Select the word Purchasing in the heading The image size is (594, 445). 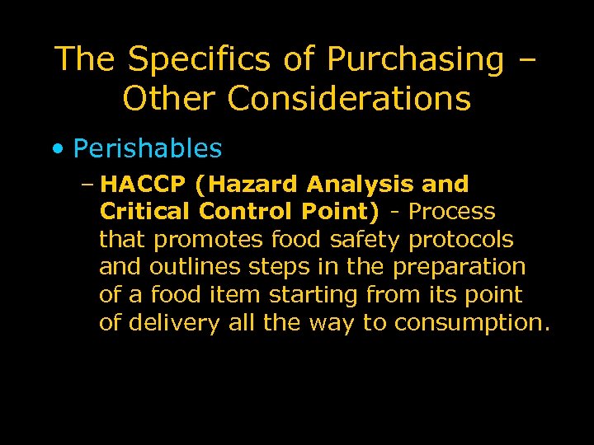414,59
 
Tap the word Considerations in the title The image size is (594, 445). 348,99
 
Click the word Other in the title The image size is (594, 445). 169,99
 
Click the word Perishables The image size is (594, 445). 148,148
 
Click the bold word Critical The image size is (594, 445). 144,212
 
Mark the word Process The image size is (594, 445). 452,212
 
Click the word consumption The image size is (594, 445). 471,322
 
